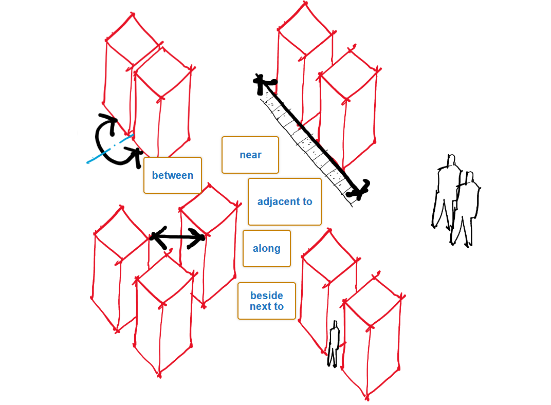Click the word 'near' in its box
pos(250,155)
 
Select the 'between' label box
pos(173,175)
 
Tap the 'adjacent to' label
pos(285,201)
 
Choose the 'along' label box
pos(267,248)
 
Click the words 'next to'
pos(267,307)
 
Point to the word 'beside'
pos(267,296)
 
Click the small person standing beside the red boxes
pos(334,344)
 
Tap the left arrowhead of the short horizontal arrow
pos(156,237)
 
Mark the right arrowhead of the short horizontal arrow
pos(199,237)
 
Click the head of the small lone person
pos(335,325)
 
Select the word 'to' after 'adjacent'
pos(307,201)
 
